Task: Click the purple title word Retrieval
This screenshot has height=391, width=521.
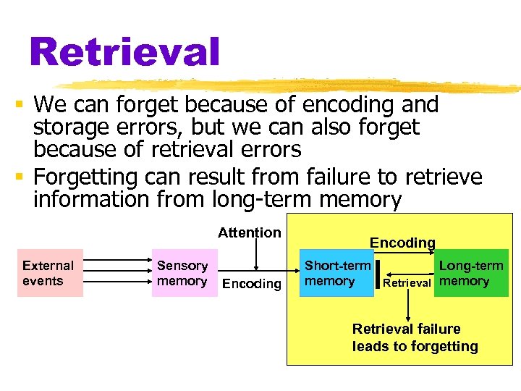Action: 124,52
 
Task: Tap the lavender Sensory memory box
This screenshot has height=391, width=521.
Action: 183,274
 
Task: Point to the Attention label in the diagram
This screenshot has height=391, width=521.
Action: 250,232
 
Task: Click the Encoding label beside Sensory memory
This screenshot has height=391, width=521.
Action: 251,284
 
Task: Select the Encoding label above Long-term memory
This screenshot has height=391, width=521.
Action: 402,243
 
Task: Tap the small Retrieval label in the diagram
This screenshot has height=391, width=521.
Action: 407,283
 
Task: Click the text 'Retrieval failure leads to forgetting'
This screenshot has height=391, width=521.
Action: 415,337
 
